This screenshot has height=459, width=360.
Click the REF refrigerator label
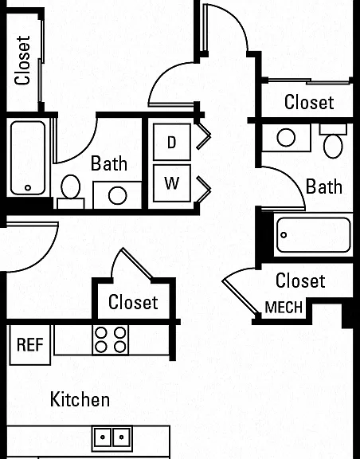pyautogui.click(x=30, y=344)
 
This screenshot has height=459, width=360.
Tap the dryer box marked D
pyautogui.click(x=172, y=142)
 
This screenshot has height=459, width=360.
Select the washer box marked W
pyautogui.click(x=172, y=183)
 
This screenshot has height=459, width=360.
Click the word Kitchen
pyautogui.click(x=80, y=399)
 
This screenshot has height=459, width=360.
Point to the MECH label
pyautogui.click(x=284, y=308)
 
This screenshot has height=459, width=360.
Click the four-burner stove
pyautogui.click(x=111, y=339)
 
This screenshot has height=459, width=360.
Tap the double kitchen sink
pyautogui.click(x=112, y=437)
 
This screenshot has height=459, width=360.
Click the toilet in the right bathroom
pyautogui.click(x=333, y=141)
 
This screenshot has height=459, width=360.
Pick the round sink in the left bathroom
pyautogui.click(x=117, y=195)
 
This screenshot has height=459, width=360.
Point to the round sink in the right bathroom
pyautogui.click(x=286, y=137)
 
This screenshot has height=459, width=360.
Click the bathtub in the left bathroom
pyautogui.click(x=28, y=158)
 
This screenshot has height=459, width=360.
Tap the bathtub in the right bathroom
pyautogui.click(x=314, y=235)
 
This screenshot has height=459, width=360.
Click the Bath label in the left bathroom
pyautogui.click(x=109, y=163)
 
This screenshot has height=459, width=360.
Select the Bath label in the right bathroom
pyautogui.click(x=323, y=186)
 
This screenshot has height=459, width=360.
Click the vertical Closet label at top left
pyautogui.click(x=23, y=61)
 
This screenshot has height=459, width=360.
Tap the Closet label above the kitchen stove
pyautogui.click(x=133, y=302)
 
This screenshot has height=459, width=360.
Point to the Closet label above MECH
pyautogui.click(x=300, y=280)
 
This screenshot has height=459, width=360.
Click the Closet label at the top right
pyautogui.click(x=309, y=102)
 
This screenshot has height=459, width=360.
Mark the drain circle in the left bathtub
pyautogui.click(x=28, y=187)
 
